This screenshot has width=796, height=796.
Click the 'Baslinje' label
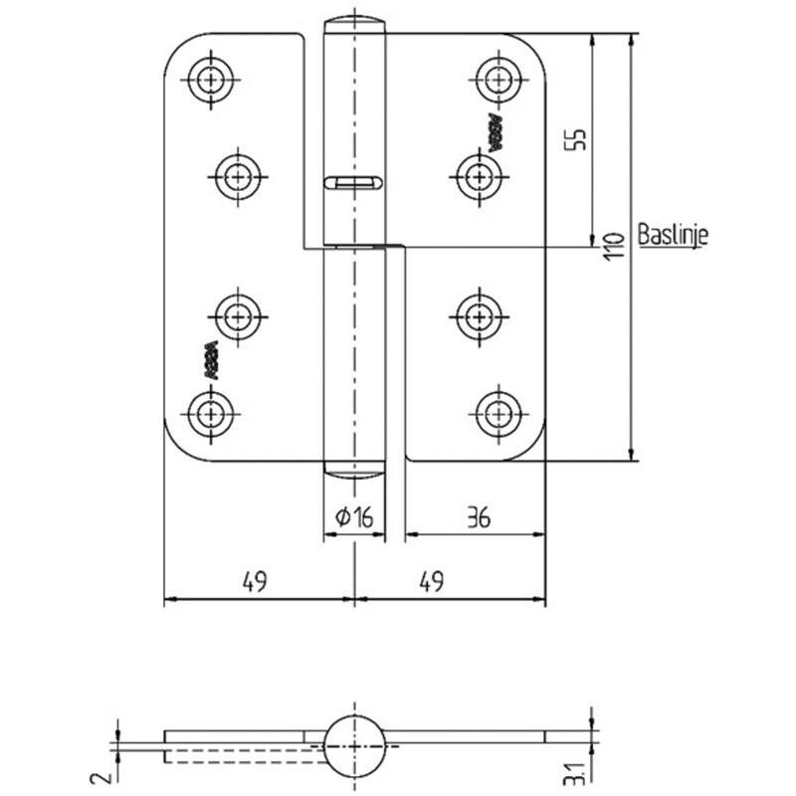673,237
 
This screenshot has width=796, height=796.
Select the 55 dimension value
574,139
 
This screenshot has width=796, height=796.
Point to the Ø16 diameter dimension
353,517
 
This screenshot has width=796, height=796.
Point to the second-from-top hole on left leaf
239,177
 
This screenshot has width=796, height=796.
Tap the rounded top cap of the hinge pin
354,23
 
